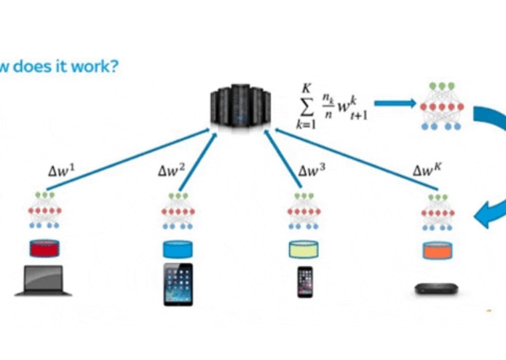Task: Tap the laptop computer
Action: [44, 281]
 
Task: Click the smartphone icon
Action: [305, 281]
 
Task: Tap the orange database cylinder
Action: [438, 250]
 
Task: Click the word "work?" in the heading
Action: [97, 67]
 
